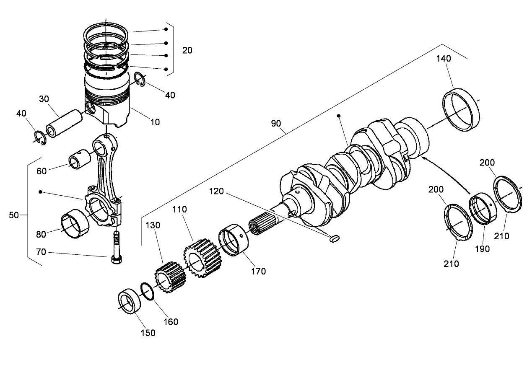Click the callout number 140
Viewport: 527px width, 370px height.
click(x=444, y=59)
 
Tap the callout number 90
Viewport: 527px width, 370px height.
click(x=275, y=124)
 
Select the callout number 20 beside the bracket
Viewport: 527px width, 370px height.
click(x=187, y=50)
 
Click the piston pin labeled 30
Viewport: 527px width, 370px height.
click(x=64, y=124)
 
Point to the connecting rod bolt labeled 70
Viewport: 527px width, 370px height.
click(x=116, y=248)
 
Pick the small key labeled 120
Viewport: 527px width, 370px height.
click(x=334, y=239)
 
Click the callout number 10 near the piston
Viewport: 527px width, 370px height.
click(x=155, y=122)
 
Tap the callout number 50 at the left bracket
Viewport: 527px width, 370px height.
click(x=14, y=215)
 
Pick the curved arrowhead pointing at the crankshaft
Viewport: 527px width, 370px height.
click(x=424, y=158)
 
